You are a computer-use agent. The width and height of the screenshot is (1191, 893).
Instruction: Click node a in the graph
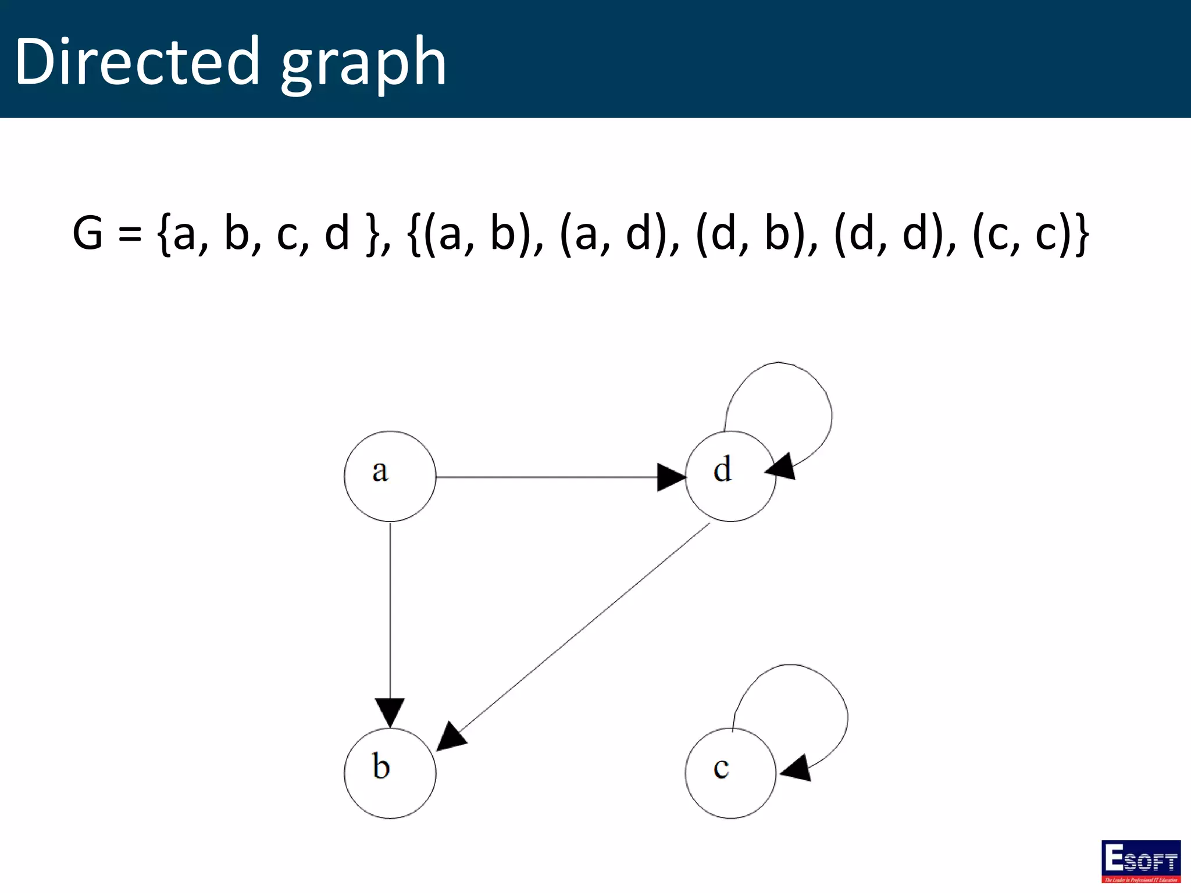click(390, 476)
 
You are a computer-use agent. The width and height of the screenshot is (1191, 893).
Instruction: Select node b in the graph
click(390, 773)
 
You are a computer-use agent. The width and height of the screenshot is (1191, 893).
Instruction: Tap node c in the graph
click(730, 773)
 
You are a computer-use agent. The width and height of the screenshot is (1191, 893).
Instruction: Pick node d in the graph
click(730, 476)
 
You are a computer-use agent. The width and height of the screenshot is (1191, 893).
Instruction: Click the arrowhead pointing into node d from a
click(671, 477)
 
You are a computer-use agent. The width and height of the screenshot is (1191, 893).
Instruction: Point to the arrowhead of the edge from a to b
click(390, 712)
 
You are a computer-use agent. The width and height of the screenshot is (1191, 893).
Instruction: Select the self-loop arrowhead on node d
click(781, 467)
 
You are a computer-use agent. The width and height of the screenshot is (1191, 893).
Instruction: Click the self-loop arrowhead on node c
click(797, 769)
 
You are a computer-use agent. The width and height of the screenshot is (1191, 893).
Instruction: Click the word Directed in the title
click(137, 61)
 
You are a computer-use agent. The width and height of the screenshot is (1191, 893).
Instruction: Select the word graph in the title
click(363, 64)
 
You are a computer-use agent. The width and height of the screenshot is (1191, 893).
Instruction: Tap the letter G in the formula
click(88, 233)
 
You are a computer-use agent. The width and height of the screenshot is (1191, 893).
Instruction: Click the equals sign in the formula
click(130, 234)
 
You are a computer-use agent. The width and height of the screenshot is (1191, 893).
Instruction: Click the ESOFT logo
click(1141, 861)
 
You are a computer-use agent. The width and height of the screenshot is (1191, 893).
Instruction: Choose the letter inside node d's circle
click(722, 470)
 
